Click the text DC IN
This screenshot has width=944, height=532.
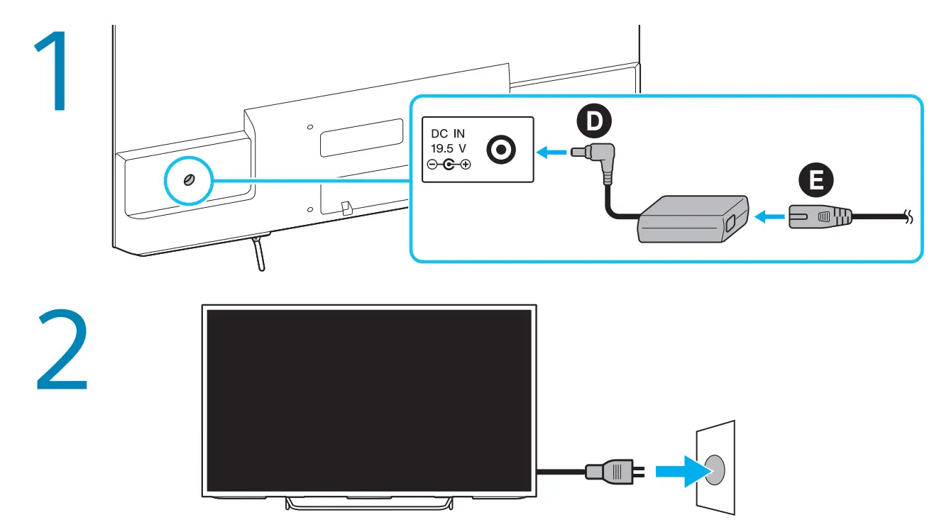point(448,133)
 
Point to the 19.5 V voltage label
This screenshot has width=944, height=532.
point(448,149)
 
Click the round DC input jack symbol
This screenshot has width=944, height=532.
point(501,150)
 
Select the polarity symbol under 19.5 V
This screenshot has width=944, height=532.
point(448,165)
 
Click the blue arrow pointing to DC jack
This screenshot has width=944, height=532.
point(551,150)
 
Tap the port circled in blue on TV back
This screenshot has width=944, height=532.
point(188,180)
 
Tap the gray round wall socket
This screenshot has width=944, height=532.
point(715,468)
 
